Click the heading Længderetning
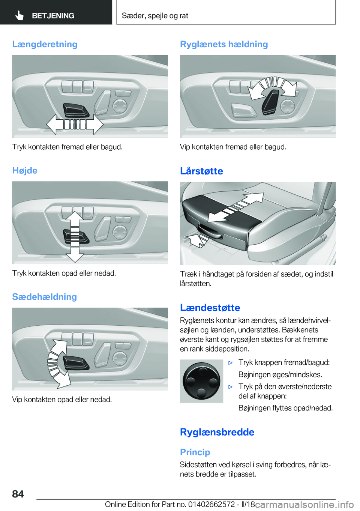point(45,44)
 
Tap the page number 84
point(18,494)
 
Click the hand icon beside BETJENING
point(19,15)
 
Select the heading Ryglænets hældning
point(224,44)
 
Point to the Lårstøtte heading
point(201,171)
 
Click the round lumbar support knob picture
point(201,381)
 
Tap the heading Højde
point(25,171)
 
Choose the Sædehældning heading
point(44,297)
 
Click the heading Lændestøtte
point(210,308)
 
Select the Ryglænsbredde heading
point(217,432)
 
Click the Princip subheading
point(195,452)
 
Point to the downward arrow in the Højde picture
point(75,255)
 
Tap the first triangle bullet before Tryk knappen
point(231,363)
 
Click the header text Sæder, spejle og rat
point(155,16)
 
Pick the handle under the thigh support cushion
point(210,231)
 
